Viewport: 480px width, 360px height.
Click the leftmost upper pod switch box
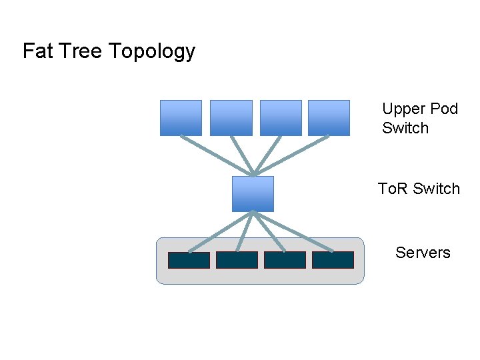click(x=181, y=117)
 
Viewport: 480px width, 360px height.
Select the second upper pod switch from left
click(x=231, y=117)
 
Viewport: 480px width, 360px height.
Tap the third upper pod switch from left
click(x=281, y=117)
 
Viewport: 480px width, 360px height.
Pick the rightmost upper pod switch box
click(x=329, y=117)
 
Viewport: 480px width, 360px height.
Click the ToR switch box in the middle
click(x=253, y=193)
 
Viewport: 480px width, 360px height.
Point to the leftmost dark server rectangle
click(x=189, y=260)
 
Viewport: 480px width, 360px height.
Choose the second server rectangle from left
click(x=237, y=260)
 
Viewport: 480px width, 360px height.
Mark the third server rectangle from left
click(x=285, y=260)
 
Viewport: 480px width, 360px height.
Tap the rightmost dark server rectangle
click(x=333, y=260)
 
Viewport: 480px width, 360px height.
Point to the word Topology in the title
click(x=151, y=52)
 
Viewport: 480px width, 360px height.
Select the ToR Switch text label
click(x=419, y=189)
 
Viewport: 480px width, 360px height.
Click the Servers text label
click(x=423, y=253)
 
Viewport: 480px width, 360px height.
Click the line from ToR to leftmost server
click(x=220, y=233)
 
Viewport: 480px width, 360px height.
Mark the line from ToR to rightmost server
click(x=293, y=233)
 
